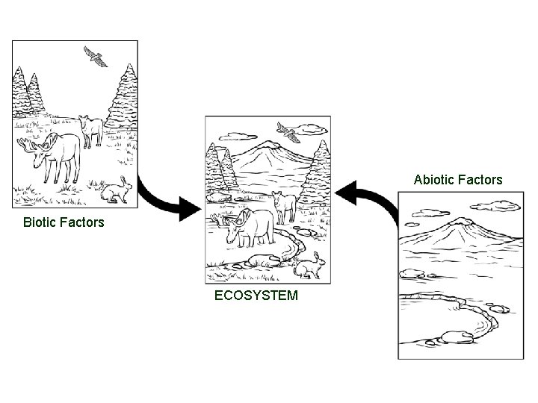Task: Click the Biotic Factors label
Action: coord(64,222)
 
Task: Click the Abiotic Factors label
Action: coord(458,180)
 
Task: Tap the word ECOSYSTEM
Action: coord(256,296)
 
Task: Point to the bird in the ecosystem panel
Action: coord(288,133)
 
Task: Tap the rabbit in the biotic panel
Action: coord(116,191)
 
